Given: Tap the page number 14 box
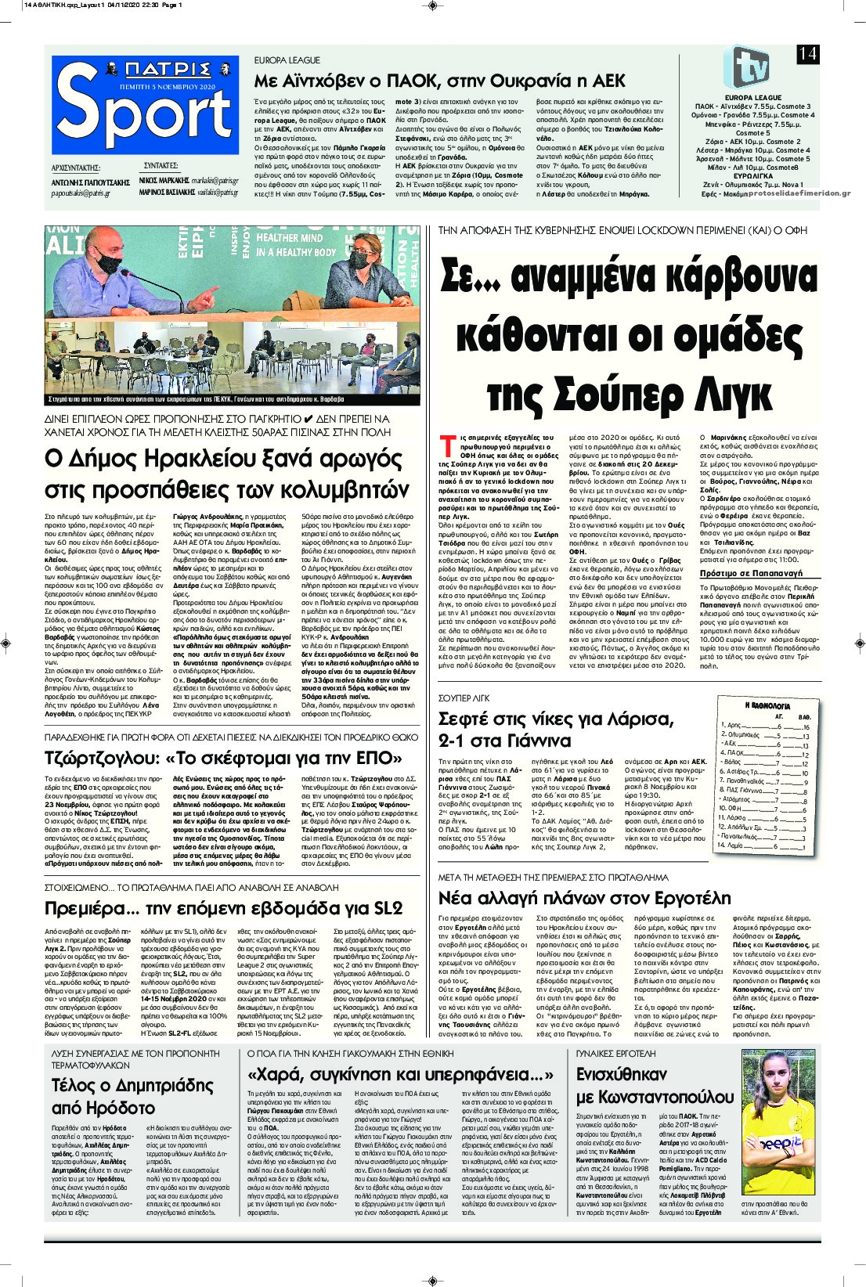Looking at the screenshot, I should coord(807,53).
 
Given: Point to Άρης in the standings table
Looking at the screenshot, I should coord(734,726).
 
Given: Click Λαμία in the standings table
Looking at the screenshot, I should coord(734,846).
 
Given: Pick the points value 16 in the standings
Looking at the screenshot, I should coord(806,726).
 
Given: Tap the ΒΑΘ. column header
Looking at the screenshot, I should coord(804,716).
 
